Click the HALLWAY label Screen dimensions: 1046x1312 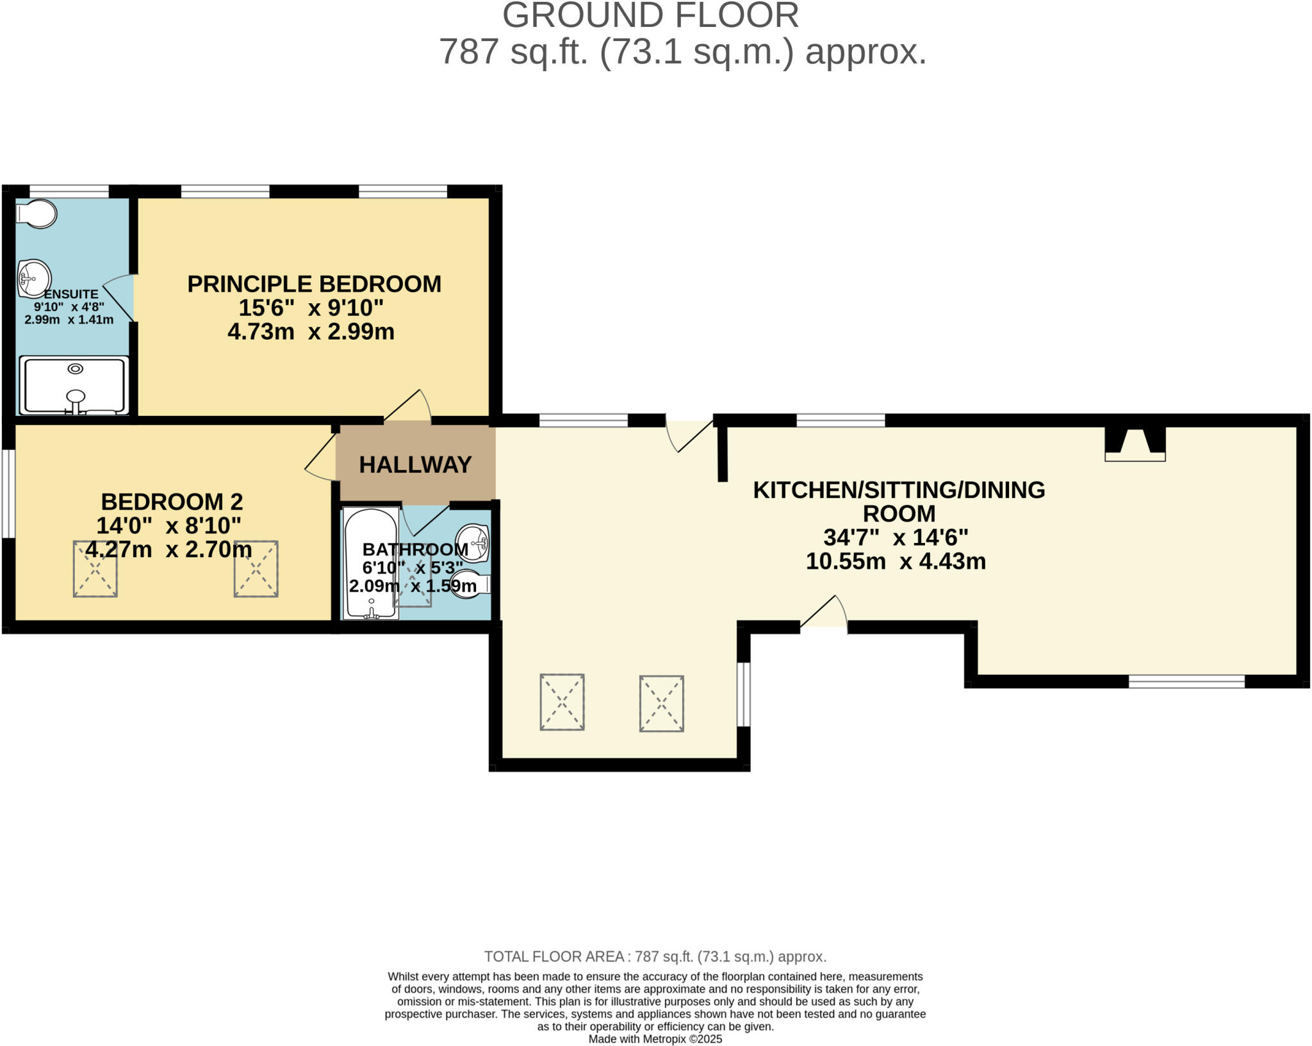415,465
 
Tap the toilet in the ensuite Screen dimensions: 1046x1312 37,214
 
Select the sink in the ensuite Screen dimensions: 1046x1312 34,278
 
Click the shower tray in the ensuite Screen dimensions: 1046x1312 74,386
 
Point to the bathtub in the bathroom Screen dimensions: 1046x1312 371,563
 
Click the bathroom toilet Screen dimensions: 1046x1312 470,584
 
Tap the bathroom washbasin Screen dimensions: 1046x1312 473,542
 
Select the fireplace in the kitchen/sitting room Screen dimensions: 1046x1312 1135,444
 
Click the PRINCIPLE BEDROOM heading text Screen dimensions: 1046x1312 314,284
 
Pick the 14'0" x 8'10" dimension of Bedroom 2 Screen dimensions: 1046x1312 168,526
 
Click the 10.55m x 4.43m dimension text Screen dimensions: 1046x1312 895,561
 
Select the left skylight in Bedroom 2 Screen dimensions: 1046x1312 95,569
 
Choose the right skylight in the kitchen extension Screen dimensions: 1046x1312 661,703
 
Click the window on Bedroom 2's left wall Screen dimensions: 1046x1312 8,494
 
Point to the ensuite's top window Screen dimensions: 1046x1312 69,191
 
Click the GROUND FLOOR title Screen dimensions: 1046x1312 650,15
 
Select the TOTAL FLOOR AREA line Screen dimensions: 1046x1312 655,957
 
